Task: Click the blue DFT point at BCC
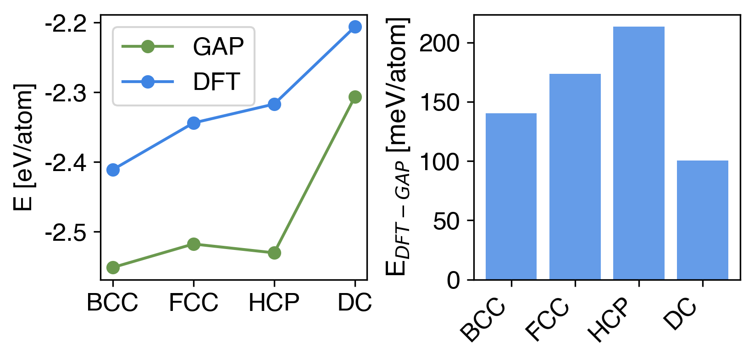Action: point(113,170)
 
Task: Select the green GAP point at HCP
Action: point(274,253)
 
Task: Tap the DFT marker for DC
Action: point(355,27)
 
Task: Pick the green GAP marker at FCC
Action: point(194,244)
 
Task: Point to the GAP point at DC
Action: point(355,97)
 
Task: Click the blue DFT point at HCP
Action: point(274,105)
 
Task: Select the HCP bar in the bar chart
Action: point(638,153)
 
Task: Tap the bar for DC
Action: point(702,220)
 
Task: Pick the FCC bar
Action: point(575,177)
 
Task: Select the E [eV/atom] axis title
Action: point(24,147)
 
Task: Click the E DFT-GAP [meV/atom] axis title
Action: point(397,147)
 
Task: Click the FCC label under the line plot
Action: point(194,303)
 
